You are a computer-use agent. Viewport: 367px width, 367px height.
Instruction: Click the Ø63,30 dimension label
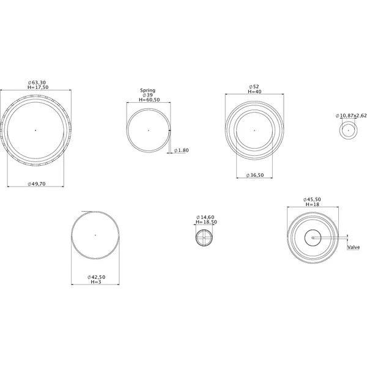point(37,83)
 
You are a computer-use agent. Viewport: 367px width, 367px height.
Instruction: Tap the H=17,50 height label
point(38,87)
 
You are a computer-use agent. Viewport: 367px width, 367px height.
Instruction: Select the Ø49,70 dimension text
point(37,184)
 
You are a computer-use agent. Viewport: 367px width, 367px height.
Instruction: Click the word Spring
point(147,91)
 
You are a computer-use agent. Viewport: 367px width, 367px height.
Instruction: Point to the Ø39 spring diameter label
point(147,95)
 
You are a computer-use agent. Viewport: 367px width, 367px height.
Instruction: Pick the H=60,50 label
point(149,100)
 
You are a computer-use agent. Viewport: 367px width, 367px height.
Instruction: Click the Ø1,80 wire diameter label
point(181,150)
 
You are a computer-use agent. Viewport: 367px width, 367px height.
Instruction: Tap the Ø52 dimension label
point(254,87)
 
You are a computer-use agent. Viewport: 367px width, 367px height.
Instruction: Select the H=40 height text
point(254,92)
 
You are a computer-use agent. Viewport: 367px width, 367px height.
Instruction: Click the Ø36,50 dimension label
point(255,176)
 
